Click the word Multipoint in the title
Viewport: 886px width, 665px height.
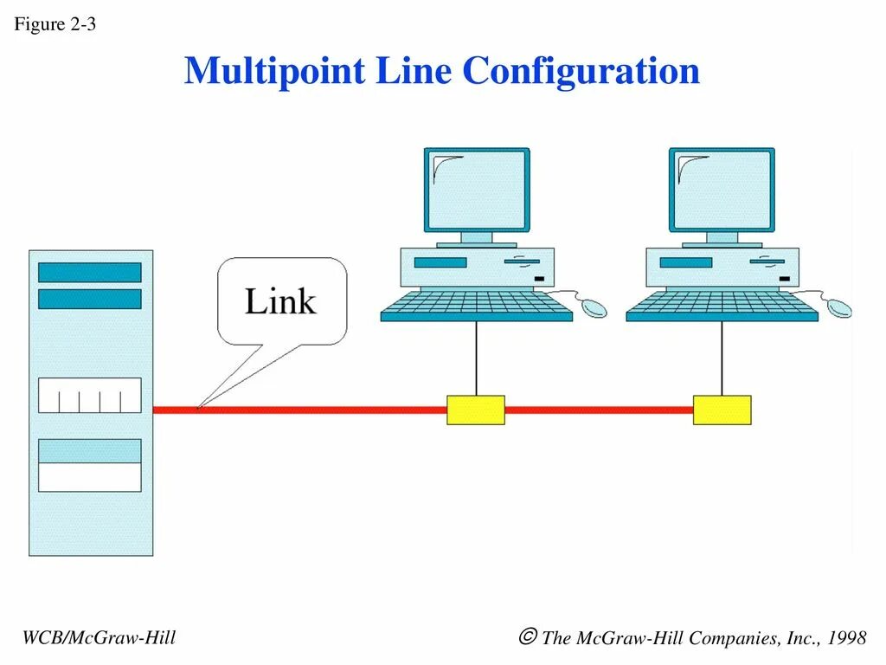pyautogui.click(x=274, y=71)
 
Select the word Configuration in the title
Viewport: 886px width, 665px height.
pyautogui.click(x=581, y=71)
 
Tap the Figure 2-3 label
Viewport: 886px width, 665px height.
pyautogui.click(x=55, y=24)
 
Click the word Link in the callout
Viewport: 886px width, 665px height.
pyautogui.click(x=280, y=301)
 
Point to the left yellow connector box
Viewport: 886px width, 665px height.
pyautogui.click(x=475, y=410)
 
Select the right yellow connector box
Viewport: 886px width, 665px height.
pyautogui.click(x=722, y=410)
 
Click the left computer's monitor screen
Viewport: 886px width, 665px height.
pyautogui.click(x=476, y=190)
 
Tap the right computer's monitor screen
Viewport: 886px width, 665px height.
pyautogui.click(x=722, y=190)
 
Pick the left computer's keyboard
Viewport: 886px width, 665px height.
pyautogui.click(x=477, y=306)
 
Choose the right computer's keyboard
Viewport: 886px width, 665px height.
pyautogui.click(x=722, y=306)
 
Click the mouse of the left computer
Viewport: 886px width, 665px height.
pyautogui.click(x=594, y=307)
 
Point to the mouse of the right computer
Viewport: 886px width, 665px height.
pyautogui.click(x=839, y=307)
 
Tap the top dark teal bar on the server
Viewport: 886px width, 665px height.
pyautogui.click(x=89, y=272)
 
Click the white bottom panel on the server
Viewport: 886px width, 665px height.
pyautogui.click(x=89, y=477)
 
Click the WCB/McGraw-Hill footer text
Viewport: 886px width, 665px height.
pyautogui.click(x=99, y=638)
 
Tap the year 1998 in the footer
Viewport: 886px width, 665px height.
pyautogui.click(x=846, y=639)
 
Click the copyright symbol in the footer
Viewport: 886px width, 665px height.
pyautogui.click(x=527, y=638)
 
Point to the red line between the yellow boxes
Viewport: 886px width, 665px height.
pyautogui.click(x=599, y=410)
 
